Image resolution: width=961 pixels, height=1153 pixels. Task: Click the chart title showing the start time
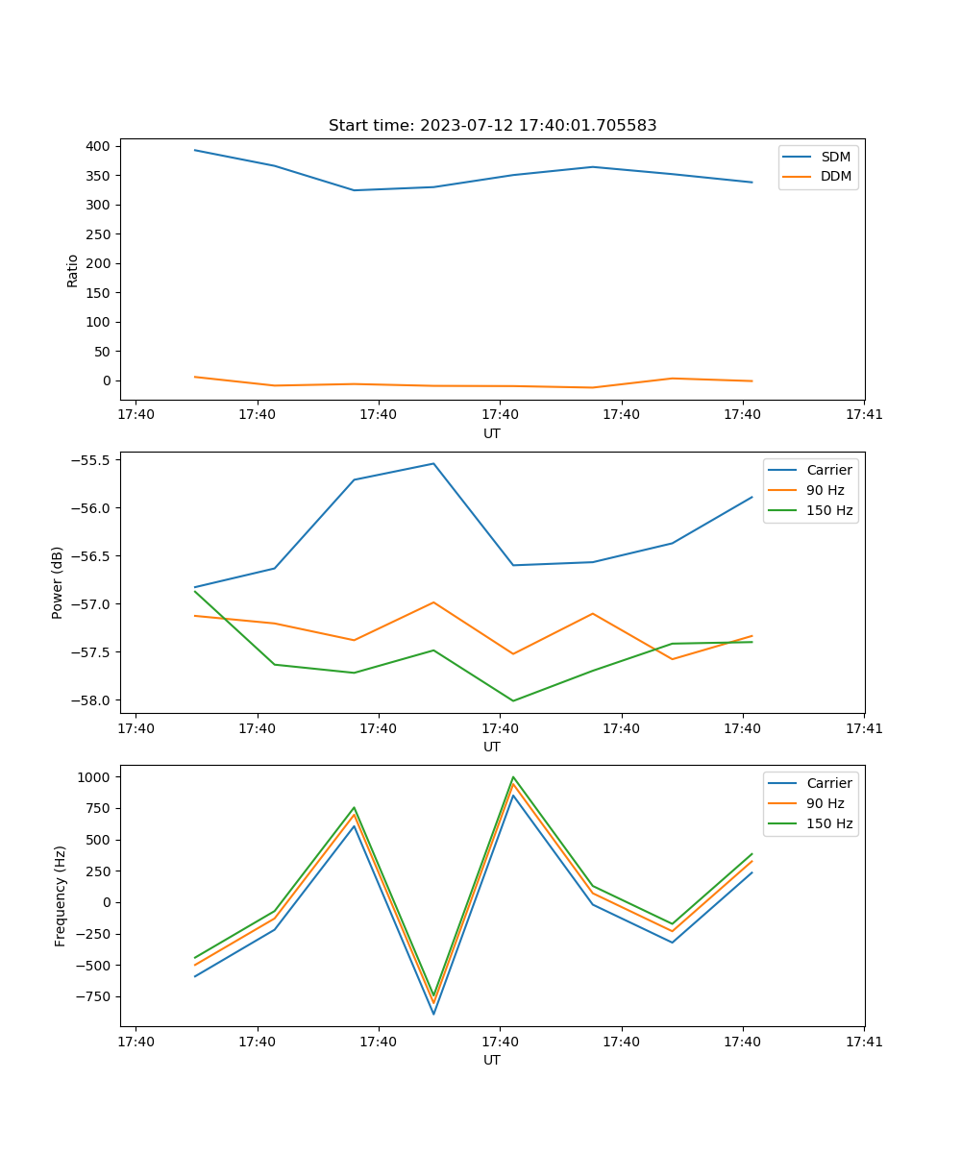(492, 126)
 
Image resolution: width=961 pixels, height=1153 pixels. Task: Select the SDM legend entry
(834, 157)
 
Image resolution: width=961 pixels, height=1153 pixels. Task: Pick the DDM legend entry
(834, 176)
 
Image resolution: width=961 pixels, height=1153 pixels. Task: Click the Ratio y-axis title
(72, 270)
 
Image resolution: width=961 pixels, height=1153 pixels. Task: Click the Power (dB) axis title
(58, 582)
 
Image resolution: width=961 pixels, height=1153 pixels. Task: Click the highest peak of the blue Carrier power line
(433, 463)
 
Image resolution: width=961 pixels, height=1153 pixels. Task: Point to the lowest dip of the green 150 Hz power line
(513, 700)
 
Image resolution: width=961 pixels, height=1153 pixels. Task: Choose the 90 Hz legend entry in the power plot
(825, 490)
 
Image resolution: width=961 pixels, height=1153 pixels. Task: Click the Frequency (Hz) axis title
(61, 895)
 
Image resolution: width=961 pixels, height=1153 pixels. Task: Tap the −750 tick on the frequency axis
(95, 996)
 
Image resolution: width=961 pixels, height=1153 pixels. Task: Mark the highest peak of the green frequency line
(513, 776)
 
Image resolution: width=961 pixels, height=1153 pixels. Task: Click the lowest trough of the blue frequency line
(433, 1014)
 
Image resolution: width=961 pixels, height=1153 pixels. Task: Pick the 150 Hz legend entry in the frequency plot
(829, 823)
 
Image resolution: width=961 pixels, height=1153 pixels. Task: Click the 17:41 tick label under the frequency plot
(864, 1042)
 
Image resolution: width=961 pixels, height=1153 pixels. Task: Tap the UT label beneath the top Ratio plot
(492, 433)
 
